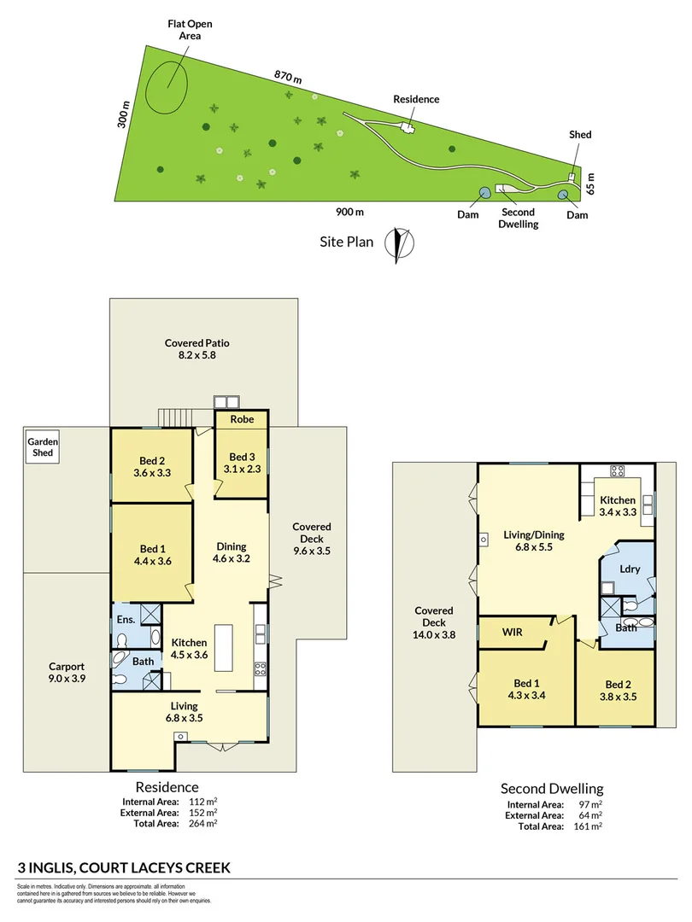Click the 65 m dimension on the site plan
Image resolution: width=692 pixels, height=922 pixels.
point(589,182)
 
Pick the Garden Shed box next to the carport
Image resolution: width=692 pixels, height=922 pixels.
point(42,447)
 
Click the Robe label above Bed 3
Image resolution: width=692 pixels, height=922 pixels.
point(240,420)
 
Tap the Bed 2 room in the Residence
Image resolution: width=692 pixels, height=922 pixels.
point(150,465)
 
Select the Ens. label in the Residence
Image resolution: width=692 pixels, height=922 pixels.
point(124,618)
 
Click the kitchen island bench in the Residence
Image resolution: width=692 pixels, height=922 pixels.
point(225,648)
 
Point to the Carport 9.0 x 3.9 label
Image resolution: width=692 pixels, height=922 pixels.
point(66,672)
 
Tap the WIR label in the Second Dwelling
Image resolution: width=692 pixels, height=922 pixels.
point(513,633)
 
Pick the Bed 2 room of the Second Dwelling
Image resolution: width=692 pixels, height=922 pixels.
point(615,690)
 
